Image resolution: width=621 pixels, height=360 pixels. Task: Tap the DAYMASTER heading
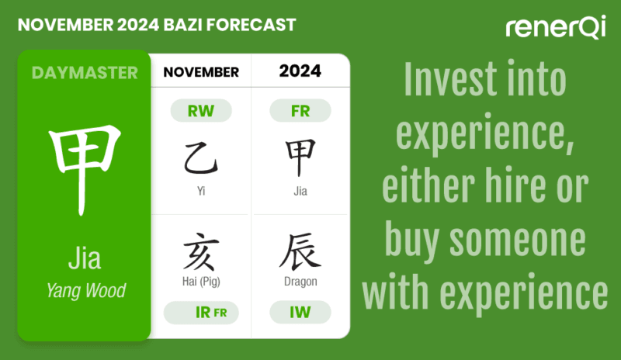(x=85, y=73)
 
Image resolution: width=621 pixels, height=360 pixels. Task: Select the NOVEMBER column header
(x=201, y=72)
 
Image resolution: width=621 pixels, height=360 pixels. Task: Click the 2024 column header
(x=300, y=71)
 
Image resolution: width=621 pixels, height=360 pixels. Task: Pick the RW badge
(x=201, y=111)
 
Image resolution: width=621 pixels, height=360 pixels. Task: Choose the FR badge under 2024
(x=300, y=111)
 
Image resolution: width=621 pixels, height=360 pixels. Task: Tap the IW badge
(x=300, y=313)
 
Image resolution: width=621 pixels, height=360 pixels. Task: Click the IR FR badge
(x=201, y=313)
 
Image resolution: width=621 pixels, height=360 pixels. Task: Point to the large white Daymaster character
(x=85, y=170)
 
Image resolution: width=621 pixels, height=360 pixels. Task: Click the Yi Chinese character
(x=201, y=157)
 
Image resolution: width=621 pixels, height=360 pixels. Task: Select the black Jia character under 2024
(x=300, y=157)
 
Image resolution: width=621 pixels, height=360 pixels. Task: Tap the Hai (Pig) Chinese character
(x=201, y=252)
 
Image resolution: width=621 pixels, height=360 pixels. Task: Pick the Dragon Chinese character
(x=300, y=252)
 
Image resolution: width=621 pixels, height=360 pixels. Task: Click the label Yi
(x=201, y=190)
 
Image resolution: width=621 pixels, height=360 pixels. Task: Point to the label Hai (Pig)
(x=201, y=282)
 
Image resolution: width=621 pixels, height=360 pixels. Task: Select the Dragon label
(x=300, y=282)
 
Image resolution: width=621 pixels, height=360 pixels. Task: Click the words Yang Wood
(x=85, y=292)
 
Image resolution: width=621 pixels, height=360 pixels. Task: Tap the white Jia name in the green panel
(x=85, y=258)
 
